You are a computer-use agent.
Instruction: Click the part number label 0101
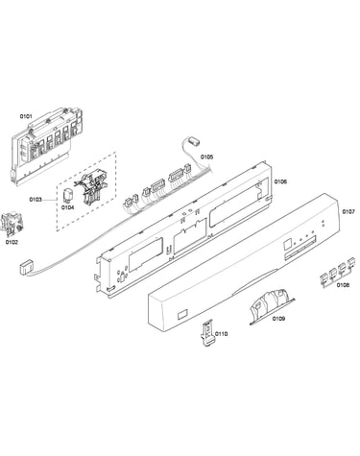pos(26,116)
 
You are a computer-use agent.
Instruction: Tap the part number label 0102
pos(12,242)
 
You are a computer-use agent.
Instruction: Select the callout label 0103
pos(36,200)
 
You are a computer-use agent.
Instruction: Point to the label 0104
pos(68,207)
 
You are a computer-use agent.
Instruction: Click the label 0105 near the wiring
pos(206,157)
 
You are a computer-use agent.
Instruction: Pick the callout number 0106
pos(280,181)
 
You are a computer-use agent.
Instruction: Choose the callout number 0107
pos(348,211)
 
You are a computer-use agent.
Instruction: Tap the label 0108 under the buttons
pos(343,285)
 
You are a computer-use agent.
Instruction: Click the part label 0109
pos(278,319)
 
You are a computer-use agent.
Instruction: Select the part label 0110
pos(221,334)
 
